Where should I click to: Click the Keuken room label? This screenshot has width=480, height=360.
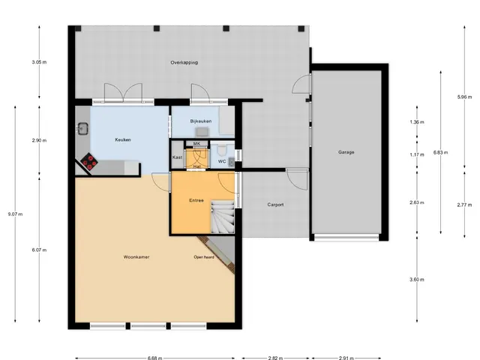pyautogui.click(x=123, y=139)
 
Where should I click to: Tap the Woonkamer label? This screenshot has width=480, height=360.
pyautogui.click(x=136, y=256)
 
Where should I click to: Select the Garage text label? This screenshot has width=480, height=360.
pyautogui.click(x=346, y=151)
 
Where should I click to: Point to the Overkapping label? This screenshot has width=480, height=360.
pyautogui.click(x=184, y=62)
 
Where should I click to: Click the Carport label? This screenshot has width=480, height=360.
pyautogui.click(x=275, y=205)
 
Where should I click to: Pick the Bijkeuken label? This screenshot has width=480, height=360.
pyautogui.click(x=201, y=121)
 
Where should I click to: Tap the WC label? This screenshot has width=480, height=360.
pyautogui.click(x=222, y=161)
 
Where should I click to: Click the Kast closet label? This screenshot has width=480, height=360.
pyautogui.click(x=177, y=157)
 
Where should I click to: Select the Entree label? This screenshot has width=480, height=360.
pyautogui.click(x=196, y=200)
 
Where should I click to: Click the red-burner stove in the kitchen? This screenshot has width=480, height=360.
pyautogui.click(x=89, y=161)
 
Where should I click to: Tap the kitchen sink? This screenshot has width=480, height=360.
pyautogui.click(x=82, y=128)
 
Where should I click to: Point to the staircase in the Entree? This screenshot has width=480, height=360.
pyautogui.click(x=223, y=217)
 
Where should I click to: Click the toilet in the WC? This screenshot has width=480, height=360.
pyautogui.click(x=220, y=150)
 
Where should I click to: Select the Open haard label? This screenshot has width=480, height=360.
pyautogui.click(x=204, y=257)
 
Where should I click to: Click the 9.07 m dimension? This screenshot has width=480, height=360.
pyautogui.click(x=15, y=214)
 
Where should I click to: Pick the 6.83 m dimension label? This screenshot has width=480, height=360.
pyautogui.click(x=441, y=152)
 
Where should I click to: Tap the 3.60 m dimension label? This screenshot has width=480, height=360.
pyautogui.click(x=417, y=280)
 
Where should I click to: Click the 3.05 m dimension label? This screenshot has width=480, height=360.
pyautogui.click(x=39, y=62)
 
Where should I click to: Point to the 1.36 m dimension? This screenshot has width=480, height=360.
pyautogui.click(x=417, y=122)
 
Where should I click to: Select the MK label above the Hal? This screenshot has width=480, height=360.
pyautogui.click(x=196, y=143)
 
